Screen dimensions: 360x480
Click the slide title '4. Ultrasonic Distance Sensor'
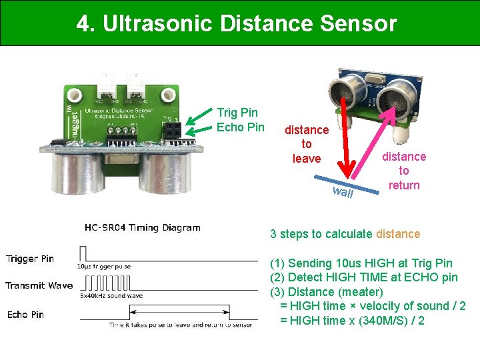[x=237, y=24]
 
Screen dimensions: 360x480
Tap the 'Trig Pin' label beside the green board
[x=237, y=113]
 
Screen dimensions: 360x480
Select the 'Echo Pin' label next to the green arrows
[x=241, y=127]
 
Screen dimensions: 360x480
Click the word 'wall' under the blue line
[x=343, y=193]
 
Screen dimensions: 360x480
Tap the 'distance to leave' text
[x=307, y=144]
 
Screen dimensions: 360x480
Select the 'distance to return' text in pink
[x=404, y=171]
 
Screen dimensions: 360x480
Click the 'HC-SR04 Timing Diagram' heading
[x=143, y=227]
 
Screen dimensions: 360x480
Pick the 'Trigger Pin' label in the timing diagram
[x=30, y=259]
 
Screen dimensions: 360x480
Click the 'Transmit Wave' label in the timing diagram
[x=39, y=285]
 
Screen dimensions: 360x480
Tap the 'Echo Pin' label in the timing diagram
[x=25, y=314]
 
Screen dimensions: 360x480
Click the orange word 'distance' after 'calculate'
[x=398, y=234]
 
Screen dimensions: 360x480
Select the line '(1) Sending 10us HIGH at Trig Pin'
[x=361, y=263]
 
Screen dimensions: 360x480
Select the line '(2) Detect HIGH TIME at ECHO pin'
[x=363, y=277]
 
